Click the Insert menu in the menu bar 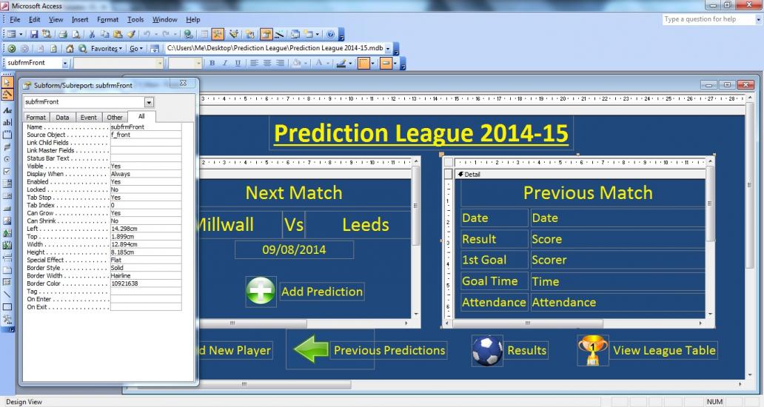pos(80,19)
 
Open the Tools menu pos(135,19)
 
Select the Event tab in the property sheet pos(88,118)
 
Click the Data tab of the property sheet pos(62,118)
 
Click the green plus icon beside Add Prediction pos(261,292)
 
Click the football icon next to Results pos(487,351)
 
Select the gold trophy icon pos(592,350)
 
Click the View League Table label pos(664,351)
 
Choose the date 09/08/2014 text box pos(294,250)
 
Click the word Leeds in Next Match pos(366,225)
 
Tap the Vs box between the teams pos(294,225)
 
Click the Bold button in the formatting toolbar pos(212,64)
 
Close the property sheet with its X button pos(183,83)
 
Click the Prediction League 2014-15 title pos(421,133)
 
